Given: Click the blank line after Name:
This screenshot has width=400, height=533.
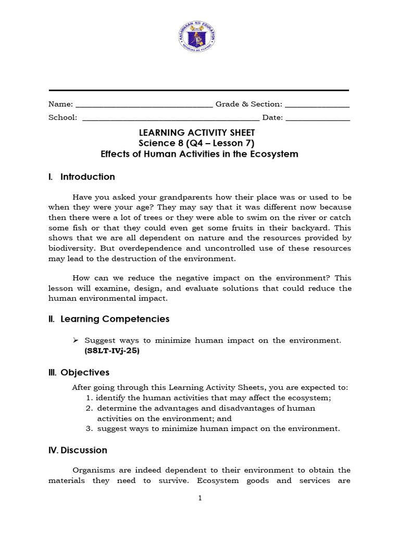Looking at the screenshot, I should pos(144,106).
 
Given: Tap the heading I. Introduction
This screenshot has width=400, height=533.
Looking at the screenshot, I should pos(82,177).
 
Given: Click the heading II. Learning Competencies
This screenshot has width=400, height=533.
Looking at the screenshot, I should pos(108,319).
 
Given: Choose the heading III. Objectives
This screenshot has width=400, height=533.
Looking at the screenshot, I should pos(79,372).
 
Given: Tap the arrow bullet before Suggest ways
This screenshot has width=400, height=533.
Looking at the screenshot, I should pos(76,340).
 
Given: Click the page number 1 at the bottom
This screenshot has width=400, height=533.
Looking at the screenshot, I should pos(199,498).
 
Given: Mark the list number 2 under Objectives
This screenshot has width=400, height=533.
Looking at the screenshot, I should pos(89,409).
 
